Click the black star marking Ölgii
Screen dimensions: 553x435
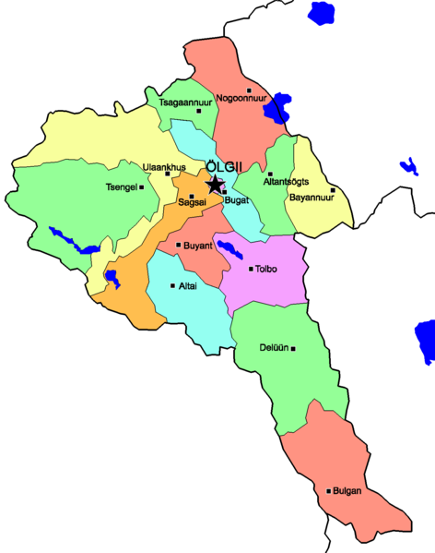(215, 185)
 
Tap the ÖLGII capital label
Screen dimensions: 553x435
(222, 167)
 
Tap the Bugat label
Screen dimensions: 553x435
(236, 199)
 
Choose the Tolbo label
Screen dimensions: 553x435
(266, 270)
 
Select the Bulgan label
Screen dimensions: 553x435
(347, 491)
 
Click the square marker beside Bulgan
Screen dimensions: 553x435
(328, 491)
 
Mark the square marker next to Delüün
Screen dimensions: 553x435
(294, 348)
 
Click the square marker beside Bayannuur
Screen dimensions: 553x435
(333, 190)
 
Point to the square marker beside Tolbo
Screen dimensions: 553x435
(251, 270)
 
